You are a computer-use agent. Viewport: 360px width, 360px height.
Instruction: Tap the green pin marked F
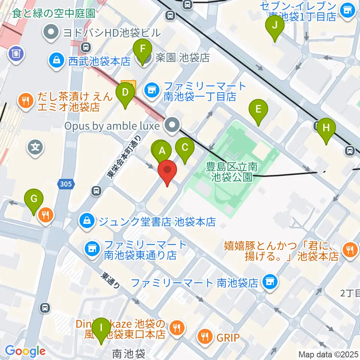pos(142,49)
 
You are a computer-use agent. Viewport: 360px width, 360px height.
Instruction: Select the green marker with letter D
pos(125,92)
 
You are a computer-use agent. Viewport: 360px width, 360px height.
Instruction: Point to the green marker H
pos(326,128)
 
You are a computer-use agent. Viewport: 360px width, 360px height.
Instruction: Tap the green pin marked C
pos(185,147)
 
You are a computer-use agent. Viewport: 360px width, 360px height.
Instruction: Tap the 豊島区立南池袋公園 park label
pos(232,171)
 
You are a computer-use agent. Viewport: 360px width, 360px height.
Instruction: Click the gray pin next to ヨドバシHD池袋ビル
pos(52,32)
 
